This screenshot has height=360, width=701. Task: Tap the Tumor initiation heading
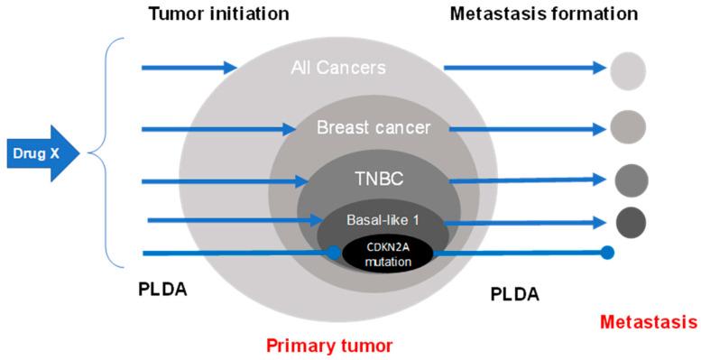[x=213, y=14]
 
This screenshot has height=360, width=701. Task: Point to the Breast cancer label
[x=374, y=128]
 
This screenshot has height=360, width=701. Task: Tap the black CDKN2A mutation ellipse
[x=387, y=254]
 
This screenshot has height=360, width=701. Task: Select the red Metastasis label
[x=648, y=322]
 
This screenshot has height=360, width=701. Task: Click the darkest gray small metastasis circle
[x=631, y=221]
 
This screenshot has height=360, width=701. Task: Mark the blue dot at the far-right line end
[x=607, y=253]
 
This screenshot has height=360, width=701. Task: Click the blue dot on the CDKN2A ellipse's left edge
[x=334, y=254]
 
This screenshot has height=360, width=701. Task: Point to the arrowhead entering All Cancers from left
[x=229, y=67]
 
